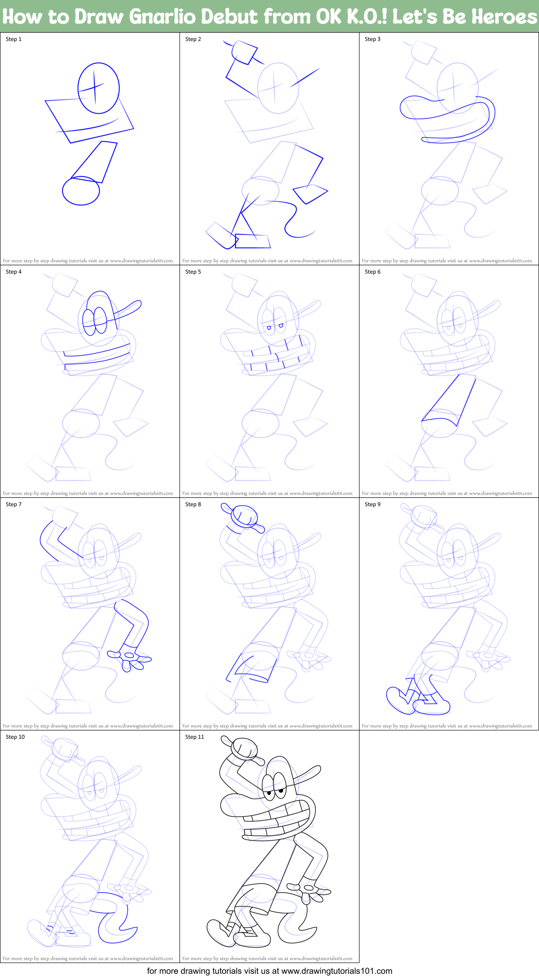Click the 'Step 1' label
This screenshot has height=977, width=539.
[14, 39]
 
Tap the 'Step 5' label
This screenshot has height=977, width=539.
[193, 272]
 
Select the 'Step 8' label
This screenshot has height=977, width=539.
[193, 504]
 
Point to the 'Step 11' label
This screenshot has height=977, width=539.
[194, 737]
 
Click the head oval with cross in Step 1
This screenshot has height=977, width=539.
[98, 88]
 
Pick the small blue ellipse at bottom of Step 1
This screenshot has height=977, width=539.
[81, 191]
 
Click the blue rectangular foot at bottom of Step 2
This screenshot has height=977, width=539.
[253, 241]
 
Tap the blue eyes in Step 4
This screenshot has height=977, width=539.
[95, 321]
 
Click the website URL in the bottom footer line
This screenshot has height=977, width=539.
[337, 971]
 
